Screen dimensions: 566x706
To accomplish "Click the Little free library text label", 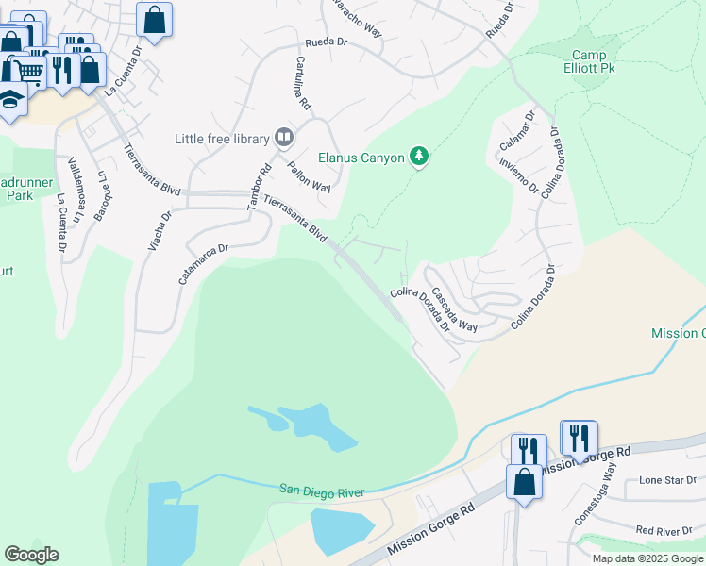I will click(x=222, y=139).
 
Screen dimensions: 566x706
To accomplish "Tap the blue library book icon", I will click(x=283, y=138).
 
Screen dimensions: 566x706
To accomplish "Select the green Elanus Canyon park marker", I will click(x=419, y=158).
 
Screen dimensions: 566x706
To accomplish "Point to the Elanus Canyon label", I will click(x=361, y=158).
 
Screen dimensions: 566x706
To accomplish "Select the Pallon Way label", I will click(x=309, y=175).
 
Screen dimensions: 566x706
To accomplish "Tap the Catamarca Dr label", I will click(x=204, y=264).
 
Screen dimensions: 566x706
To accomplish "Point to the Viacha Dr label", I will click(x=160, y=231).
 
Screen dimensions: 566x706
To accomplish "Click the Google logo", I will click(x=32, y=555).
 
